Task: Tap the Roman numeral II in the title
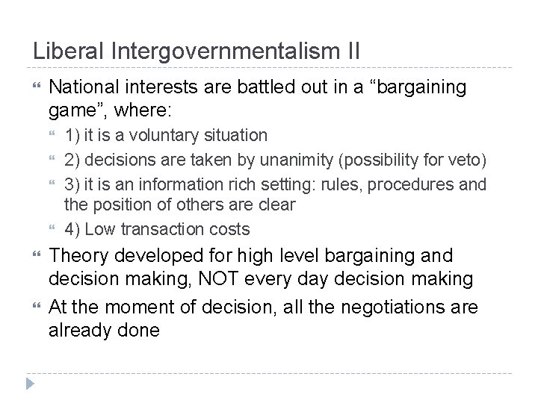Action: [350, 52]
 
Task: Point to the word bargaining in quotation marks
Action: [415, 88]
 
